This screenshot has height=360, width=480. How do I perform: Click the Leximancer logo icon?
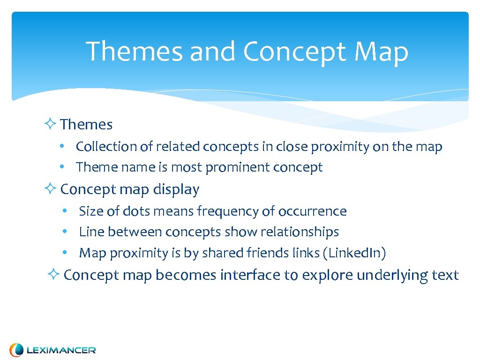click(x=16, y=350)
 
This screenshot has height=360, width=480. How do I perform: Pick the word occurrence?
click(x=312, y=211)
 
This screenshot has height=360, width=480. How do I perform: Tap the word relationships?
click(x=300, y=232)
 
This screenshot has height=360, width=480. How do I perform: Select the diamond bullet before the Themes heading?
click(x=51, y=124)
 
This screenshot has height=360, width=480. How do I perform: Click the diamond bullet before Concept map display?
click(x=51, y=189)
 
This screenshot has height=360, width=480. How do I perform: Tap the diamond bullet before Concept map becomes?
click(x=53, y=275)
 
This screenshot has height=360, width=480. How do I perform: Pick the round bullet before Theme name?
click(x=62, y=167)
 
